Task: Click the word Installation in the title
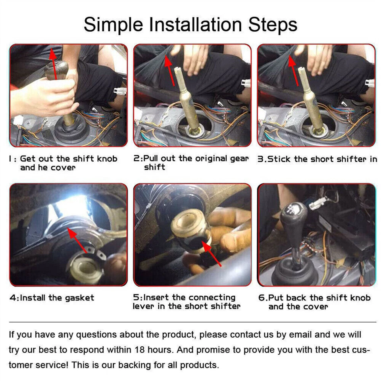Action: point(195,25)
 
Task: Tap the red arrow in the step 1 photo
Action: point(54,63)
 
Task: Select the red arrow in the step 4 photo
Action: point(77,241)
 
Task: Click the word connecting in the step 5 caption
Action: point(212,298)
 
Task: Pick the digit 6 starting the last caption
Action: point(261,298)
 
